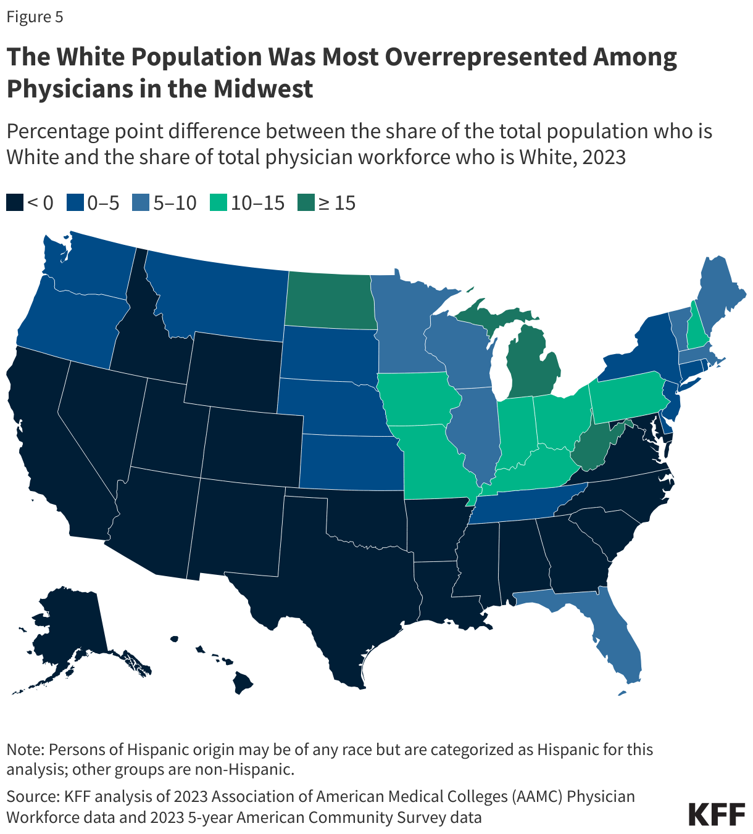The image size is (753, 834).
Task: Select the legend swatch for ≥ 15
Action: point(306,203)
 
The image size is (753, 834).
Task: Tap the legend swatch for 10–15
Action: point(218,203)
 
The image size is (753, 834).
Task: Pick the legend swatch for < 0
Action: point(15,203)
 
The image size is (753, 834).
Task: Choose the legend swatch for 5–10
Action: point(141,203)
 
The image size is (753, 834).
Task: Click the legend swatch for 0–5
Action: point(75,203)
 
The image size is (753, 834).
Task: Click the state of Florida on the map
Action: point(617,642)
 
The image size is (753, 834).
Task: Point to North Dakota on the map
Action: point(330,300)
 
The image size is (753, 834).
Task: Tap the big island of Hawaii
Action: point(243,682)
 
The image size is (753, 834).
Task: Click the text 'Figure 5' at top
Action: point(35,17)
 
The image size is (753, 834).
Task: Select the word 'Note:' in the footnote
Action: point(25,749)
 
